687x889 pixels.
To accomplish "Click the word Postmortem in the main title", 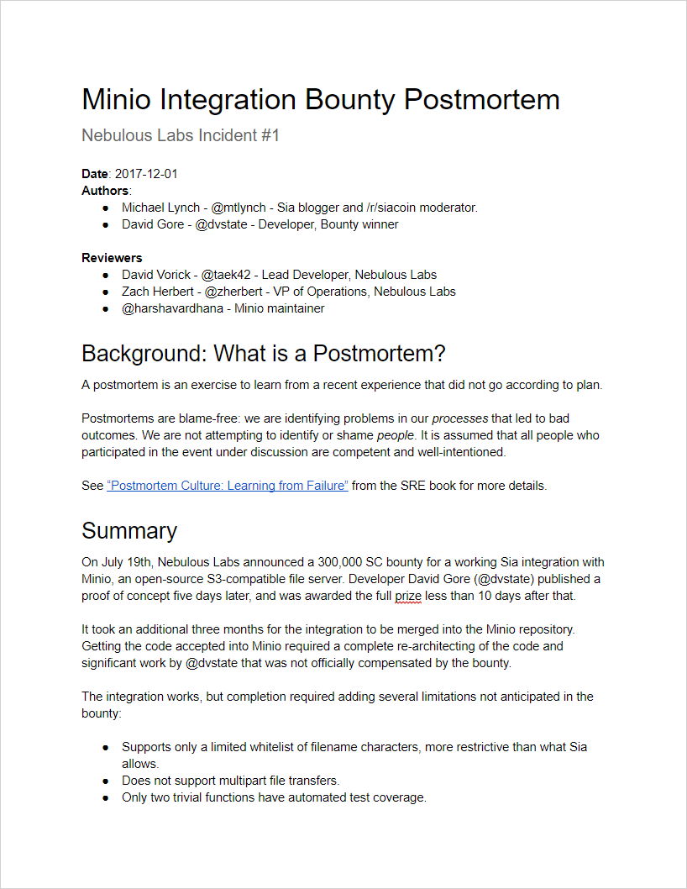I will click(x=481, y=100).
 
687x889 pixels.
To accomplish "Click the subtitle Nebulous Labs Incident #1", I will click(x=180, y=135).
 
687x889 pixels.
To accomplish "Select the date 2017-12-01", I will click(x=145, y=174).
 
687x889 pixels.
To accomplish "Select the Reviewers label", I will click(x=112, y=258).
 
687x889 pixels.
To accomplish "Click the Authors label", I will click(x=105, y=191).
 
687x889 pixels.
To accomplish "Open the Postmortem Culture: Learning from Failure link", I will click(x=228, y=486).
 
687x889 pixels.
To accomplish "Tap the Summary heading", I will click(x=129, y=531).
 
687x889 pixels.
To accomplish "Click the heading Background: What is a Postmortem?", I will click(x=263, y=354).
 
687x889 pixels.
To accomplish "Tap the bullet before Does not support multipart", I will click(x=105, y=781).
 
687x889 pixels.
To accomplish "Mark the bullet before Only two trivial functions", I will click(x=105, y=797).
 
